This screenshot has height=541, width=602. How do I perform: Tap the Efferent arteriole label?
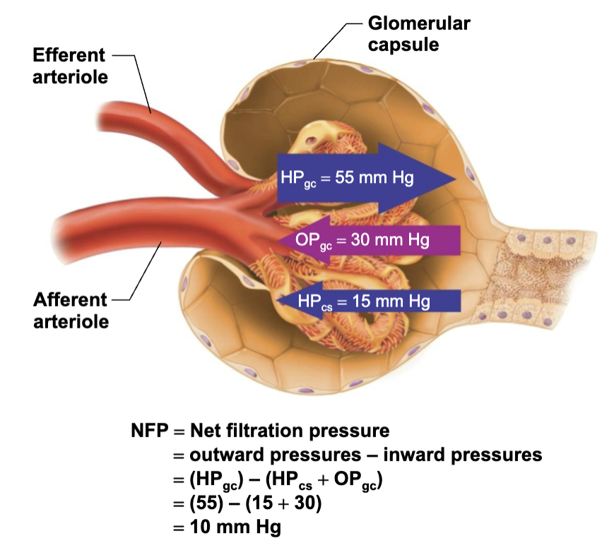(70, 66)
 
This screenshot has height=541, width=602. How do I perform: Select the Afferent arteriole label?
(70, 310)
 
